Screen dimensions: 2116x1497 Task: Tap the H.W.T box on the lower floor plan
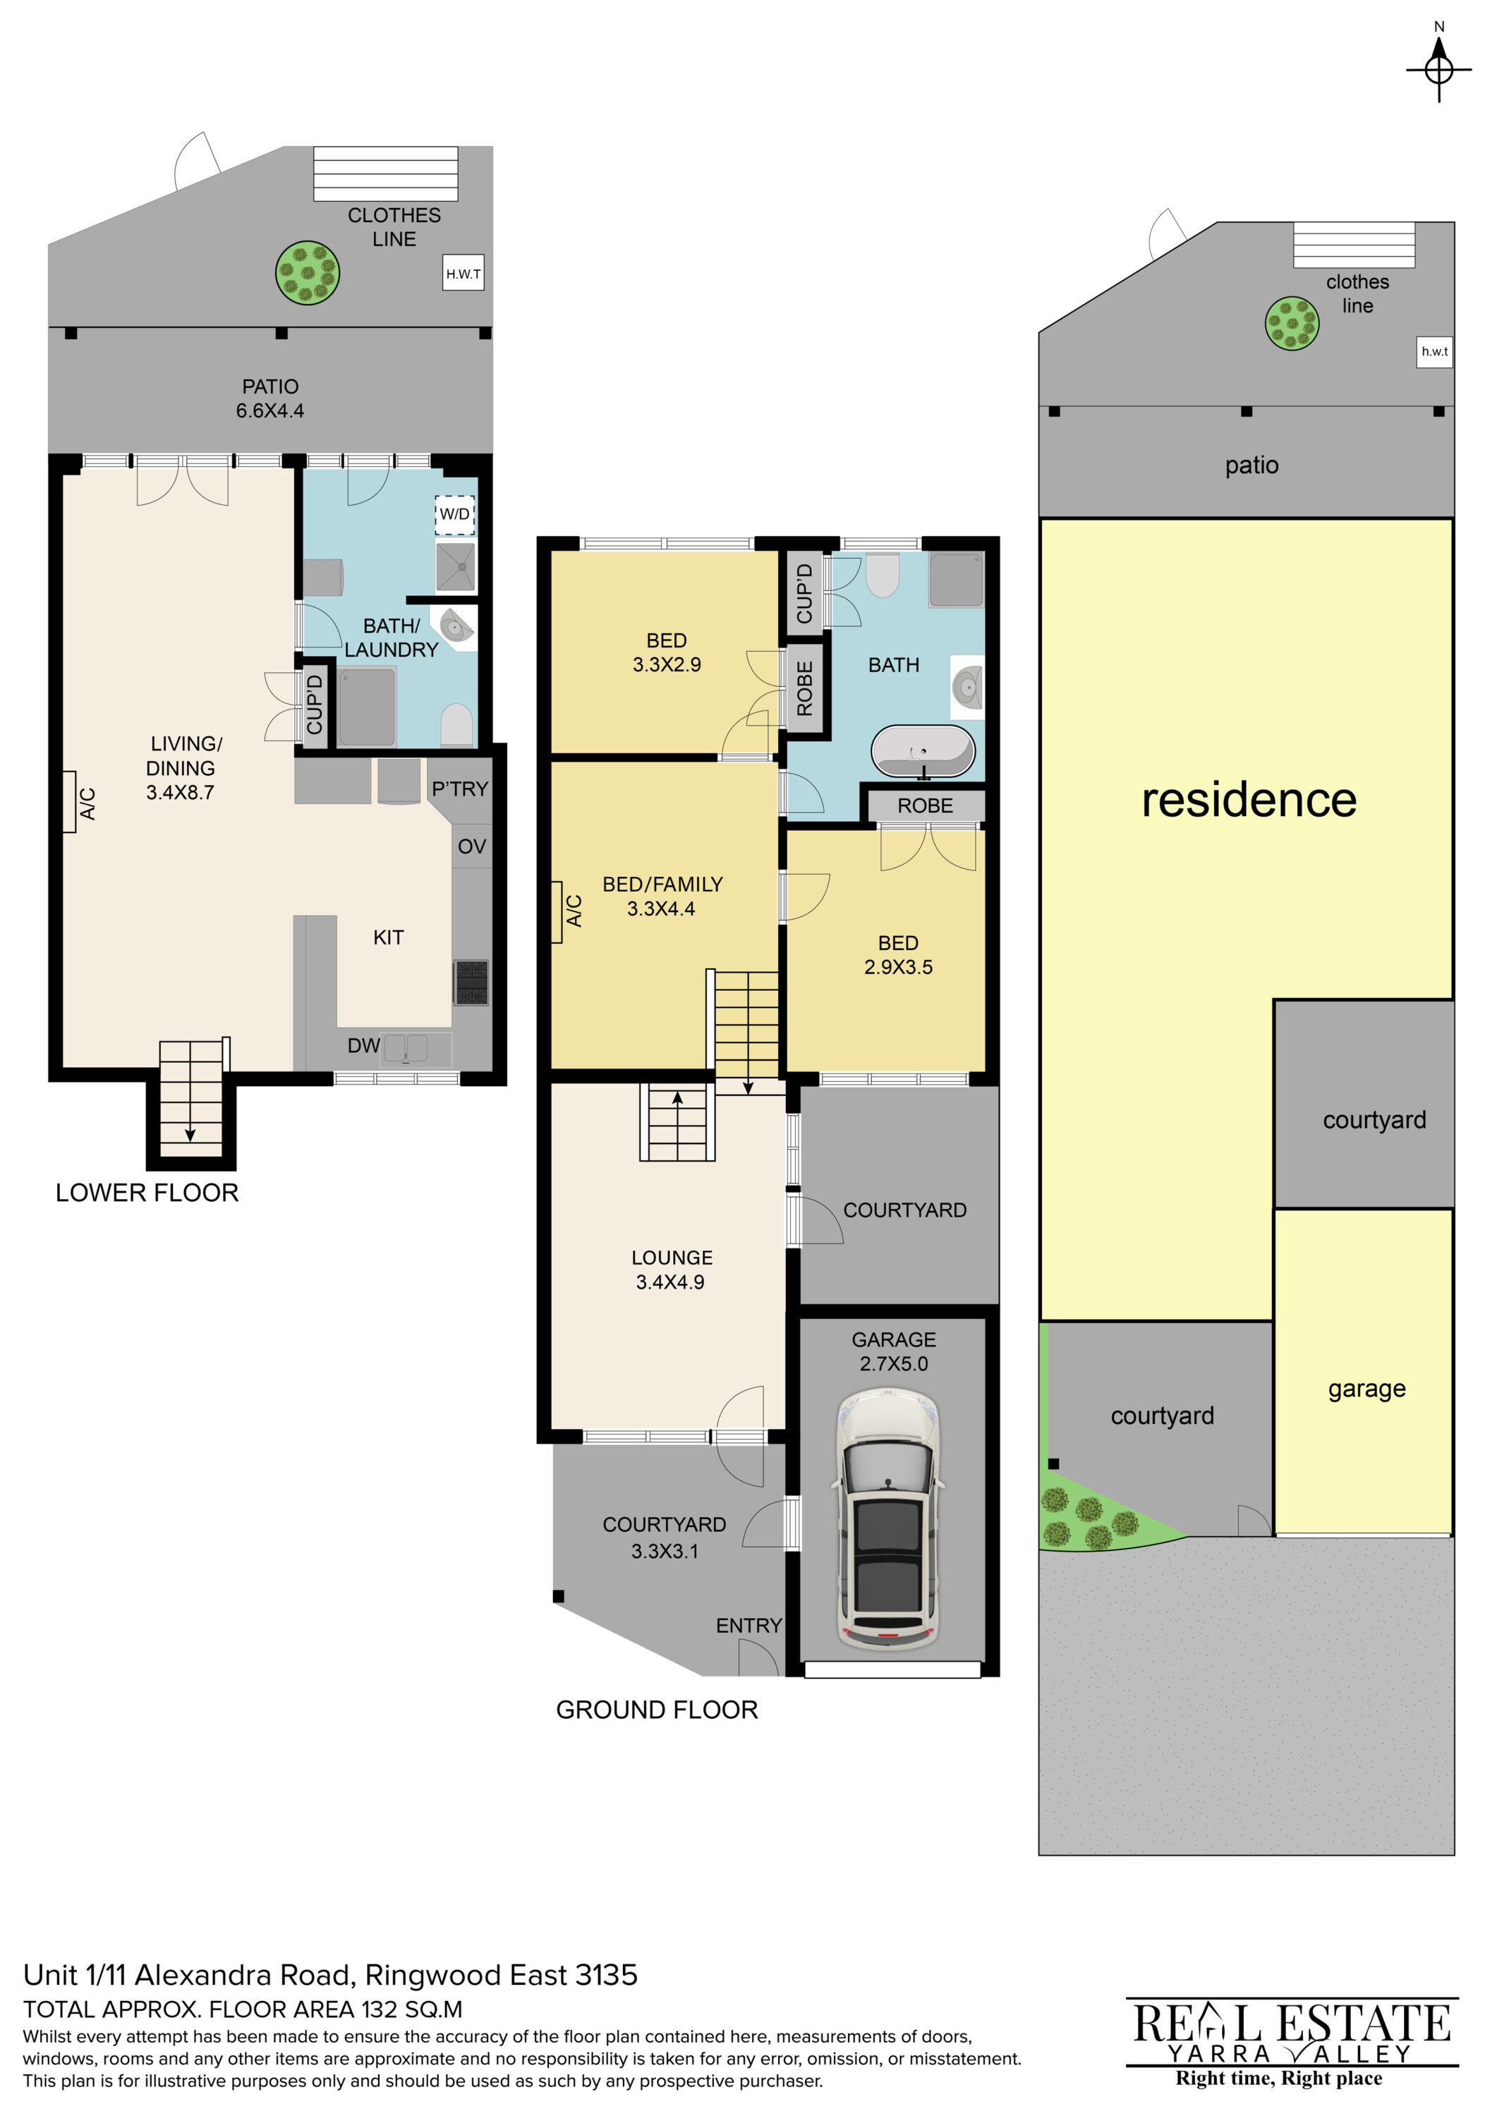pos(463,274)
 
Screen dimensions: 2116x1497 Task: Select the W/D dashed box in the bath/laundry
pos(454,514)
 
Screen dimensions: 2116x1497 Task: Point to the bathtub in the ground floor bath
pos(923,751)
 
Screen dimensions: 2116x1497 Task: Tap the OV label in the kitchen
pos(471,846)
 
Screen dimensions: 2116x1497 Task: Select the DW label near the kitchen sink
pos(363,1045)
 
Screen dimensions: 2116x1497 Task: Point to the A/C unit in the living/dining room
pos(70,802)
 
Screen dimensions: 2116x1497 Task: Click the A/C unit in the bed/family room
pos(557,911)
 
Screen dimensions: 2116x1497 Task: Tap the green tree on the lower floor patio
pos(308,273)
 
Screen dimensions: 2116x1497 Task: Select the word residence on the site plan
pos(1249,799)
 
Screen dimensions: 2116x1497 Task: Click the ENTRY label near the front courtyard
pos(748,1626)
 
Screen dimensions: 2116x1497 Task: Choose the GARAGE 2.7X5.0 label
pos(893,1351)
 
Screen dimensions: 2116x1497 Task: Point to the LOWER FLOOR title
pos(147,1193)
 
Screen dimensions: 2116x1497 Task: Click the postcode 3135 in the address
pos(605,1975)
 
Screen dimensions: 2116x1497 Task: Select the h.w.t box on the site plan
pos(1434,351)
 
